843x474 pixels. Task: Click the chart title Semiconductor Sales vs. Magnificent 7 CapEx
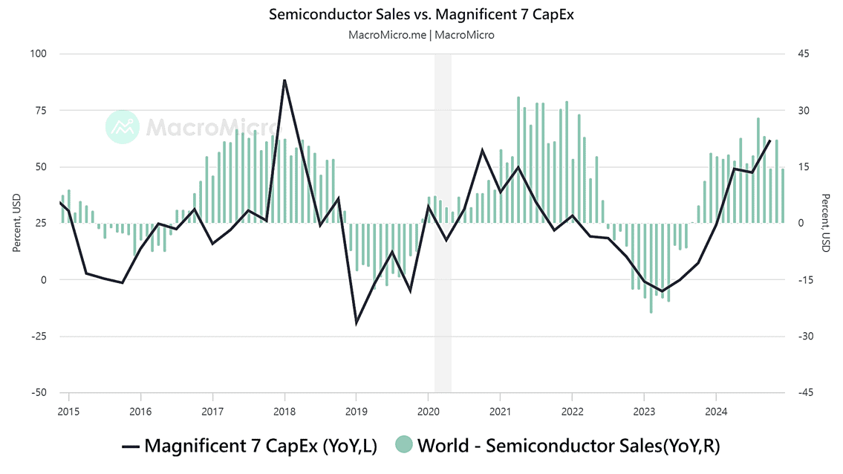click(421, 14)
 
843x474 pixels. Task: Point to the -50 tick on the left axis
click(37, 393)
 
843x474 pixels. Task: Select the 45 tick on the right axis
click(804, 53)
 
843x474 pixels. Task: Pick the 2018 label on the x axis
click(284, 411)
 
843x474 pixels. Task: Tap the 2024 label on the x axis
click(716, 411)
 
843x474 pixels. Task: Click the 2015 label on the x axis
click(68, 411)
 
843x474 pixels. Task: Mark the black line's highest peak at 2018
click(284, 79)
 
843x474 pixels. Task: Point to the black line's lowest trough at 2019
click(357, 323)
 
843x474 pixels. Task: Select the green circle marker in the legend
click(404, 446)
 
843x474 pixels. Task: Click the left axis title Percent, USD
click(16, 223)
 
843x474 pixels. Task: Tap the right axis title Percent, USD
click(826, 223)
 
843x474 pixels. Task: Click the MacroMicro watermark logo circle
click(123, 127)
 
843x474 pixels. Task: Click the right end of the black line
click(770, 140)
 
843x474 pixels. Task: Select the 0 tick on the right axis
click(801, 223)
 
